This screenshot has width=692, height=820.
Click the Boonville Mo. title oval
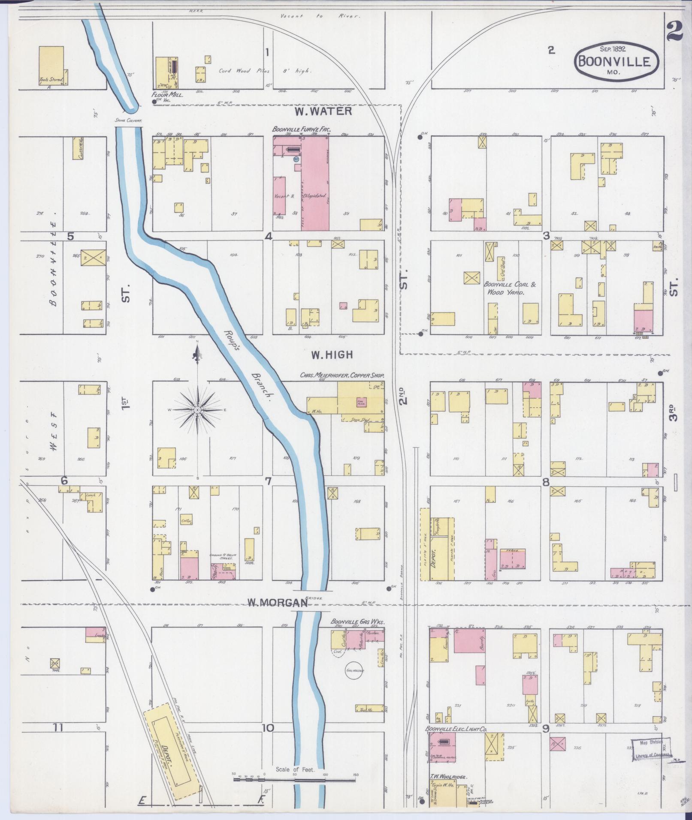(x=616, y=63)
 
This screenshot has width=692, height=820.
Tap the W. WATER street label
(x=323, y=111)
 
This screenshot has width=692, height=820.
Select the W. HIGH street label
(x=332, y=354)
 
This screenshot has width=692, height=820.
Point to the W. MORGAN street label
(x=278, y=603)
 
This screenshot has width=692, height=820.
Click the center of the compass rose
(x=197, y=410)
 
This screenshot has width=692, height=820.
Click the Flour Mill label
(x=167, y=95)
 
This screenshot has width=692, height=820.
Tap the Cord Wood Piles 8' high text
(x=265, y=71)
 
